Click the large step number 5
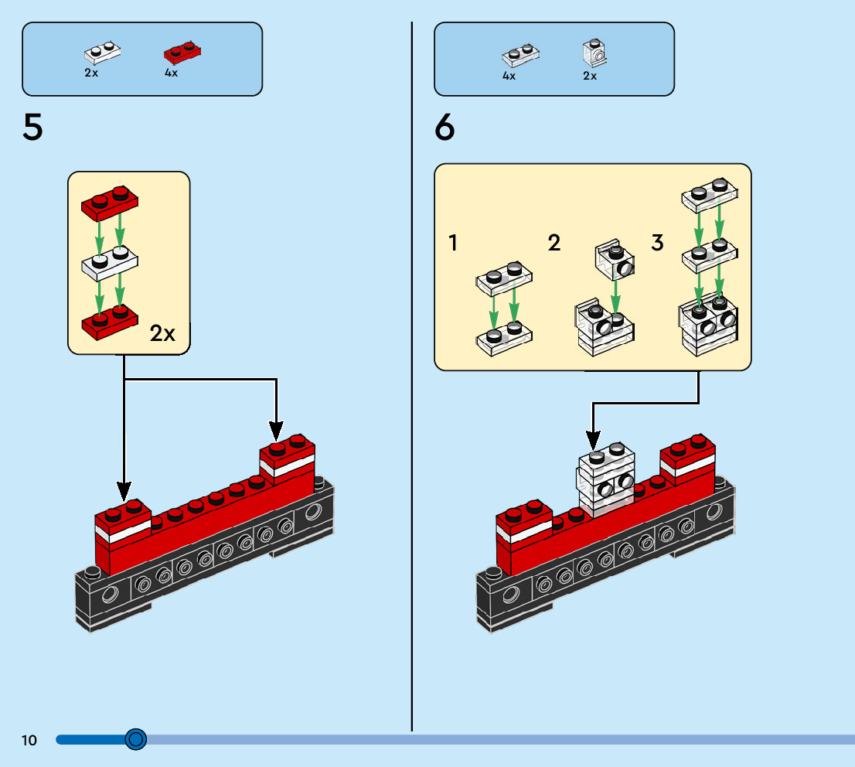point(32,127)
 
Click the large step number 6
point(445,127)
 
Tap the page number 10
point(29,741)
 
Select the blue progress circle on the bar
point(135,740)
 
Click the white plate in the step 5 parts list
point(103,54)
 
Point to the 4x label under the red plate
point(171,73)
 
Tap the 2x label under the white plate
point(91,73)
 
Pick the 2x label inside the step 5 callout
point(162,334)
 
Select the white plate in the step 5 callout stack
point(110,263)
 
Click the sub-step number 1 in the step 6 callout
point(453,244)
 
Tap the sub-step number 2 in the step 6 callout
point(554,244)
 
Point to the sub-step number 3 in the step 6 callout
point(657,244)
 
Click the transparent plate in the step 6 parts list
point(520,56)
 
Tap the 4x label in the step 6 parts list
point(509,76)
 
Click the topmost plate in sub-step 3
point(709,193)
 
